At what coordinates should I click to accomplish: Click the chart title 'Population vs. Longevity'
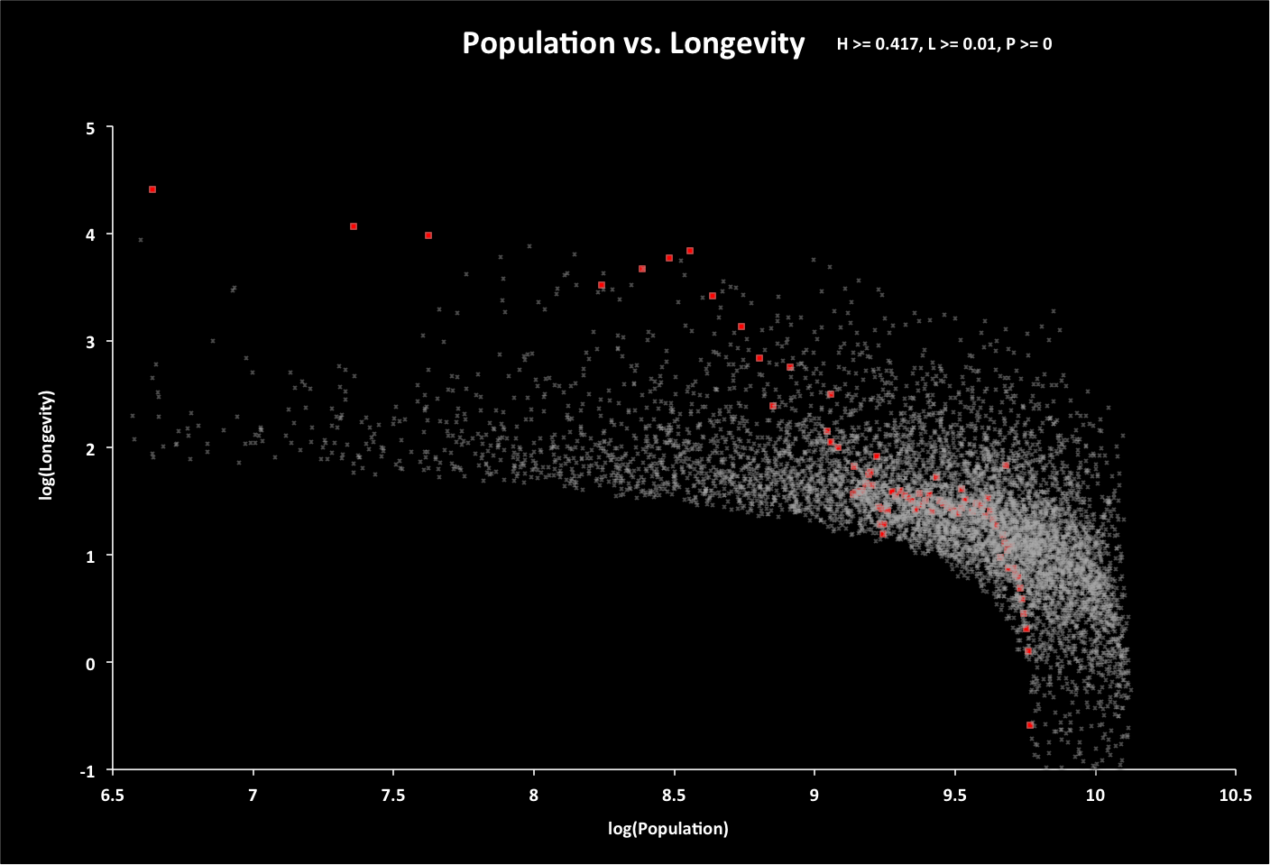pos(633,43)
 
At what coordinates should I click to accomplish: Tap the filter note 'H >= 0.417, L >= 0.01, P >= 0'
pos(944,43)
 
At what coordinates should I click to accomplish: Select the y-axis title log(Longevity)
pos(46,446)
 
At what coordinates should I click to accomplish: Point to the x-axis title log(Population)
pos(667,828)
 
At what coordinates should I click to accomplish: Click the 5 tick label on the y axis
pos(90,128)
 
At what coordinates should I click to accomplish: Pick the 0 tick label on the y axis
pos(90,663)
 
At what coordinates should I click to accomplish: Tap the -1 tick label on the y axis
pos(87,770)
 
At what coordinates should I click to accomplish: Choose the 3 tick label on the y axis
pos(90,342)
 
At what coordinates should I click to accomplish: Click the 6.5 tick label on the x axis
pos(112,795)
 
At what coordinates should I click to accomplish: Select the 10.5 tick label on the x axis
pos(1235,795)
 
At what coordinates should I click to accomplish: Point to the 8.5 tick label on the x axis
pos(674,795)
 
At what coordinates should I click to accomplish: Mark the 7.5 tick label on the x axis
pos(393,795)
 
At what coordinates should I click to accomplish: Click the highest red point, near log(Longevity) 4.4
pos(152,189)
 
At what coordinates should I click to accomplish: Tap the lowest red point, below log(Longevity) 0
pos(1030,725)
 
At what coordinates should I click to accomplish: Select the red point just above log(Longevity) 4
pos(354,226)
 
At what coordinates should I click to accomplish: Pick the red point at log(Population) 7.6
pos(428,235)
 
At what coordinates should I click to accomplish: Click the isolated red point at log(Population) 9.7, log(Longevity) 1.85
pos(1006,465)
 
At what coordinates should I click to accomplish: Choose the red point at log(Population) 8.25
pos(602,285)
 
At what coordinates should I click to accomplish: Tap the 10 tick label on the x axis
pos(1095,795)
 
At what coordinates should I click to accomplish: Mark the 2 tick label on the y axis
pos(90,448)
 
